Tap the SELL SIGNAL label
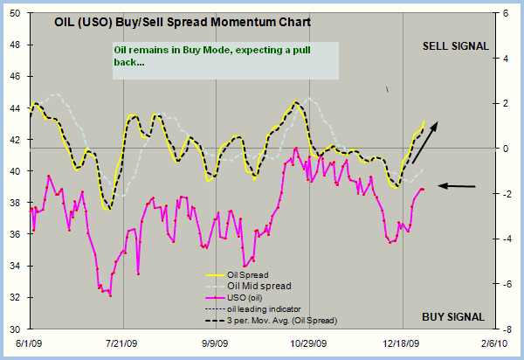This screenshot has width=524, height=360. tap(455, 45)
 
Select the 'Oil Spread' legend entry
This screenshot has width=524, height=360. tap(247, 275)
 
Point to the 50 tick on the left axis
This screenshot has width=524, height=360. tap(13, 14)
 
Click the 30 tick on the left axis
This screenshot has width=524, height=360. tap(13, 329)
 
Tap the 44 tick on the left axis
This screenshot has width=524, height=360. tap(13, 108)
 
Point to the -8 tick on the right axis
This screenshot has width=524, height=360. tap(509, 329)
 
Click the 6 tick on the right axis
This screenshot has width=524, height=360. tap(507, 14)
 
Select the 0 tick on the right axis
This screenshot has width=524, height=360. tap(507, 149)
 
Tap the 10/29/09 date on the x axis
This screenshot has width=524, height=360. tap(309, 345)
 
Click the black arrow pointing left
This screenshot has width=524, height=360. tap(457, 185)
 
